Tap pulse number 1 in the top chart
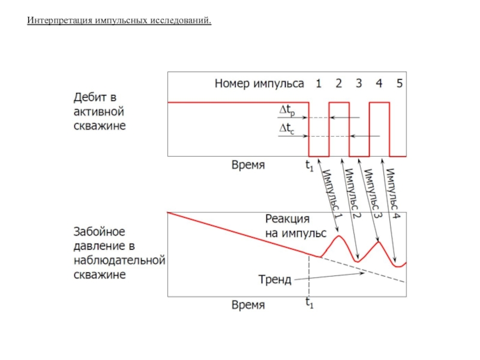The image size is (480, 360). tap(319, 83)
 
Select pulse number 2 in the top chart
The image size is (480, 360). tap(339, 83)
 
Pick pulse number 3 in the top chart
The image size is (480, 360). tap(359, 83)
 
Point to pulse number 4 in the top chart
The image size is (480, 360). tap(379, 83)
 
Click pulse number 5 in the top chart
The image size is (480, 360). tap(399, 83)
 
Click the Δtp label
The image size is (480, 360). tap(288, 110)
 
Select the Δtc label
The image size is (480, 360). tap(288, 128)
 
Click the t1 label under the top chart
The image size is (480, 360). tap(309, 165)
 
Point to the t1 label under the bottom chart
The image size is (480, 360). tap(309, 304)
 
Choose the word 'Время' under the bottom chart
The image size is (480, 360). tap(248, 304)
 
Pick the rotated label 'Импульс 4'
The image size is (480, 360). tap(394, 191)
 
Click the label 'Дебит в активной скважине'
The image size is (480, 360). tap(100, 111)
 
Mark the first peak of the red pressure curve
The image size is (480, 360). tap(338, 236)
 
